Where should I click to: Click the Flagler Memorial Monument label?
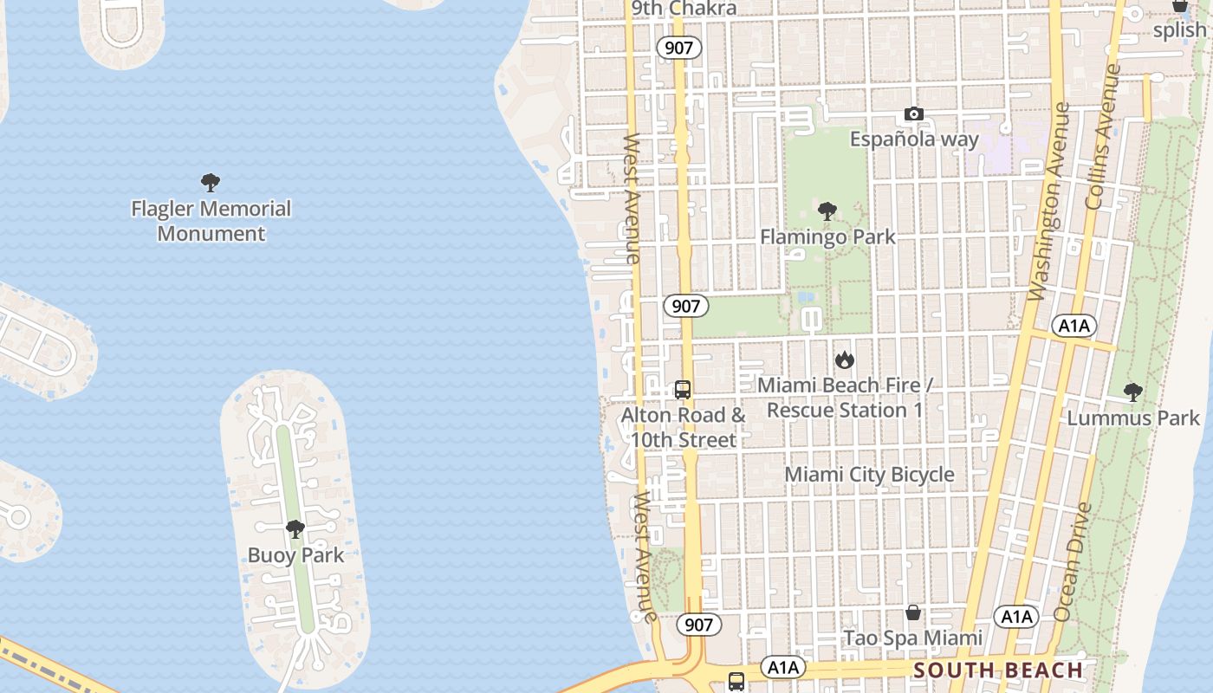pyautogui.click(x=211, y=221)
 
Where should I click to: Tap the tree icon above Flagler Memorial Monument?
pyautogui.click(x=210, y=182)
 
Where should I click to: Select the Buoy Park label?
pyautogui.click(x=295, y=555)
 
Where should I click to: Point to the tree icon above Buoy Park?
pyautogui.click(x=295, y=528)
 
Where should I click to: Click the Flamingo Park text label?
pyautogui.click(x=827, y=236)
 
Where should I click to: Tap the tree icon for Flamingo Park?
pyautogui.click(x=827, y=210)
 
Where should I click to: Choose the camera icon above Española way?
pyautogui.click(x=913, y=113)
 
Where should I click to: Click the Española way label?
pyautogui.click(x=914, y=139)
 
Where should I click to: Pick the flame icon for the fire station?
pyautogui.click(x=845, y=359)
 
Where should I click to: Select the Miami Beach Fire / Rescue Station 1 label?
pyautogui.click(x=845, y=398)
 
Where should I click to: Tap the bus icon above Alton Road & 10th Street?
pyautogui.click(x=683, y=390)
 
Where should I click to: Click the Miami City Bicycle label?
pyautogui.click(x=869, y=475)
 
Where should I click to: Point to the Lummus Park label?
pyautogui.click(x=1133, y=418)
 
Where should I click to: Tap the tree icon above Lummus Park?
pyautogui.click(x=1132, y=392)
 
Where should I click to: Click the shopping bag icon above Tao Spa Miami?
pyautogui.click(x=913, y=612)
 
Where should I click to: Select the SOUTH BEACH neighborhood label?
pyautogui.click(x=998, y=670)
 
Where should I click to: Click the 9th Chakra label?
pyautogui.click(x=684, y=9)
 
